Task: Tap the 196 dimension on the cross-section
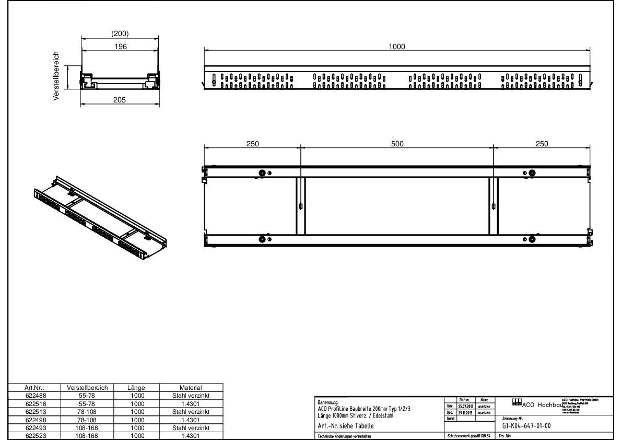point(121,47)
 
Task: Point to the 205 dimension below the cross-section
point(120,101)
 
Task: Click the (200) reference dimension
point(121,34)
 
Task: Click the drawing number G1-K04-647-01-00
point(526,425)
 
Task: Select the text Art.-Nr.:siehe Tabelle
point(346,426)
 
